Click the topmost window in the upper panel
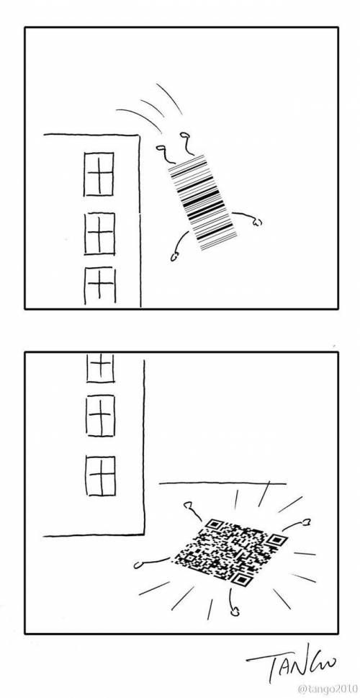99,174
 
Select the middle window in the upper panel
99,233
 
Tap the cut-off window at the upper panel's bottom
100,286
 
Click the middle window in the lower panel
100,415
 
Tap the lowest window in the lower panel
100,475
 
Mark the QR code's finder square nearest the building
215,524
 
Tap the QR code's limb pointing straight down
233,612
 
